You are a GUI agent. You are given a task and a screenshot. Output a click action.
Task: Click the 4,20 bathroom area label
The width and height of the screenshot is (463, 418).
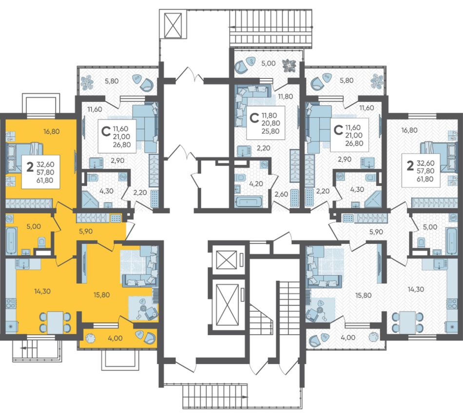click(x=256, y=183)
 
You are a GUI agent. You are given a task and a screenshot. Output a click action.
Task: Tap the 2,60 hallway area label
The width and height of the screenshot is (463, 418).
click(x=281, y=194)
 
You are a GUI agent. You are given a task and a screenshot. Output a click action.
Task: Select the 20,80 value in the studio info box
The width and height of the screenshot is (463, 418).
click(x=271, y=123)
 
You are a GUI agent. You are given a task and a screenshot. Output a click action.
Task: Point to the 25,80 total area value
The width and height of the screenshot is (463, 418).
click(x=271, y=131)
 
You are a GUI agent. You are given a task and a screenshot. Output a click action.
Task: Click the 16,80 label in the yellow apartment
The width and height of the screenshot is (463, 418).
click(x=51, y=131)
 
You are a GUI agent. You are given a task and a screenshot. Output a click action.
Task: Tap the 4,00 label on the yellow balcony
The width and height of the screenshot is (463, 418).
click(x=115, y=338)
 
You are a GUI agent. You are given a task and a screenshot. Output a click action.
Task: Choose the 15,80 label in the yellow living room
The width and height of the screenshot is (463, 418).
click(x=101, y=295)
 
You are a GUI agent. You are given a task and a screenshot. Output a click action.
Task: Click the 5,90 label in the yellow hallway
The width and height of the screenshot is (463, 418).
click(x=86, y=232)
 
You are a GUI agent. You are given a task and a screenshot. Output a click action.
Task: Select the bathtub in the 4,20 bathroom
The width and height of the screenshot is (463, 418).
click(x=249, y=202)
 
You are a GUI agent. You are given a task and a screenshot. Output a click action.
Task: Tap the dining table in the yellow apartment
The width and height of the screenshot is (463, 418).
click(x=55, y=323)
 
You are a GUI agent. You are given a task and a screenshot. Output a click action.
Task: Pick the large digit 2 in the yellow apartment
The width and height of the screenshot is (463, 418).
click(x=30, y=167)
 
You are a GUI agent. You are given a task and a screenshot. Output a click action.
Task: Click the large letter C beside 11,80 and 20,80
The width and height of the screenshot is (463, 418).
click(x=254, y=118)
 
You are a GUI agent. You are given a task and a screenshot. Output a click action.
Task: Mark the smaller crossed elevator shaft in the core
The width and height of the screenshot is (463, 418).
click(x=227, y=260)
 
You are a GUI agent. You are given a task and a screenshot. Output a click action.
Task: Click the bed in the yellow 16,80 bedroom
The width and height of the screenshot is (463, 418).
click(x=24, y=157)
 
